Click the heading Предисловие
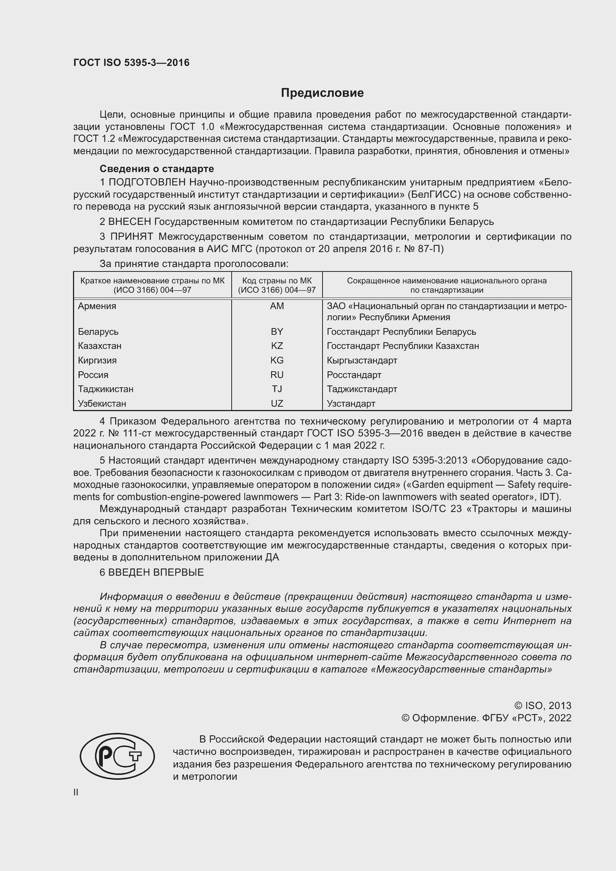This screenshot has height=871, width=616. tap(322, 93)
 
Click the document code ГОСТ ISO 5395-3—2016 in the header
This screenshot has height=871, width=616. tap(131, 63)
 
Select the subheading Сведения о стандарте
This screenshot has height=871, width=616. tap(157, 168)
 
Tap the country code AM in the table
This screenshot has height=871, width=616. tap(277, 306)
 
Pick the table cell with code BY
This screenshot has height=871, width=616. tap(277, 331)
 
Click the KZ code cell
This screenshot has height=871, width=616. tap(277, 346)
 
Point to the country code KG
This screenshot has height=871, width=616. tap(277, 360)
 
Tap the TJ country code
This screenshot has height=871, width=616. tap(277, 389)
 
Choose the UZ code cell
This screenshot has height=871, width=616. tap(277, 404)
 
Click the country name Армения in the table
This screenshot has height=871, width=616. tap(97, 306)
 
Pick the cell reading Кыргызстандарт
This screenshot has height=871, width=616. tap(362, 360)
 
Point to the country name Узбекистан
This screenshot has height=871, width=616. tap(102, 404)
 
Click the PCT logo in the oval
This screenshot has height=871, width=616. tap(117, 756)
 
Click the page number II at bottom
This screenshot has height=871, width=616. tap(76, 792)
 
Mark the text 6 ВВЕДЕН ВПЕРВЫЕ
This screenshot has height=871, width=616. tap(152, 572)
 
